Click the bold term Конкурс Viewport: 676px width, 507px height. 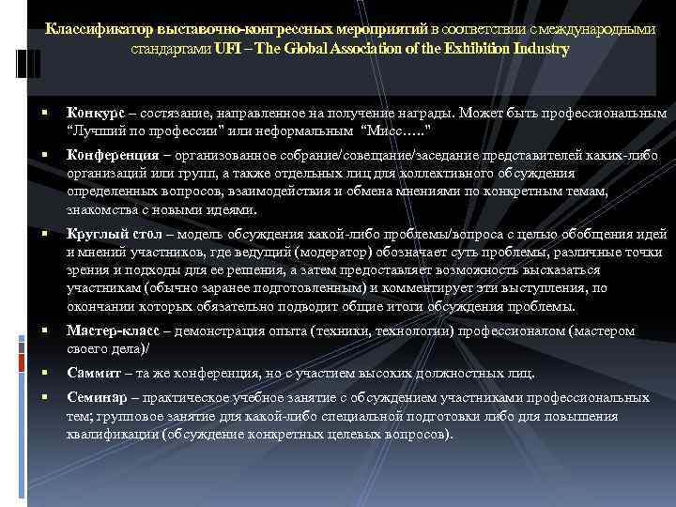[x=96, y=113]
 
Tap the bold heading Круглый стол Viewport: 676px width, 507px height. [x=113, y=234]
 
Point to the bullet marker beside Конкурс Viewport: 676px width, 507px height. [x=45, y=113]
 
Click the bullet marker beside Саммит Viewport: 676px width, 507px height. [x=45, y=373]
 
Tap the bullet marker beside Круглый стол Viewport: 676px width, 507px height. [x=45, y=234]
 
